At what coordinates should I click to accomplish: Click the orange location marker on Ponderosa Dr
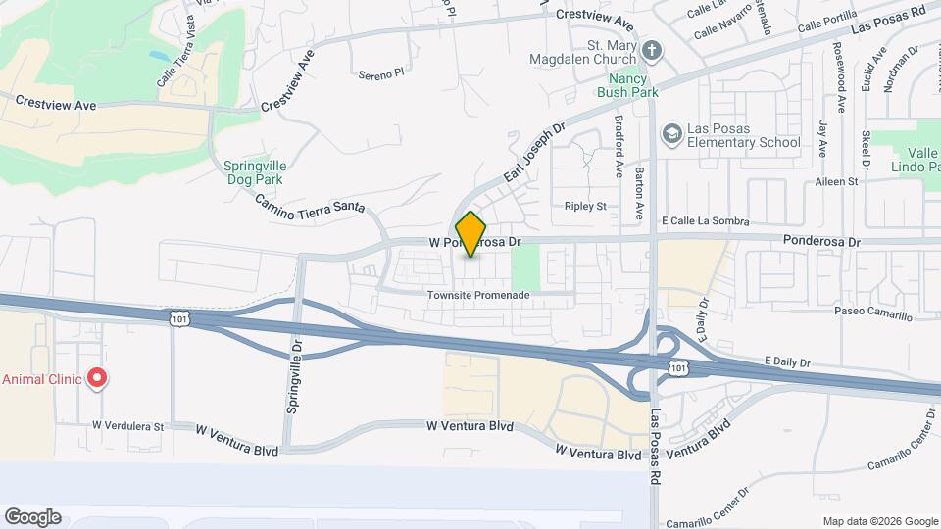coord(471,234)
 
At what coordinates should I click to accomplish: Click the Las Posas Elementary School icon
coord(672,132)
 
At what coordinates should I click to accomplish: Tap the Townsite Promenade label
coord(478,296)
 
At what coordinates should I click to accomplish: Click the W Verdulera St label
coord(128,426)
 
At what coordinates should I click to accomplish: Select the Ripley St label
coord(586,206)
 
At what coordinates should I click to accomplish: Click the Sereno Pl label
coord(381,73)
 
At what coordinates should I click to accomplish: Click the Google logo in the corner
coord(32,516)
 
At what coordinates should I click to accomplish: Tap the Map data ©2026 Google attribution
coord(879,521)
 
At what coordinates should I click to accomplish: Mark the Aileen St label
coord(835,182)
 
